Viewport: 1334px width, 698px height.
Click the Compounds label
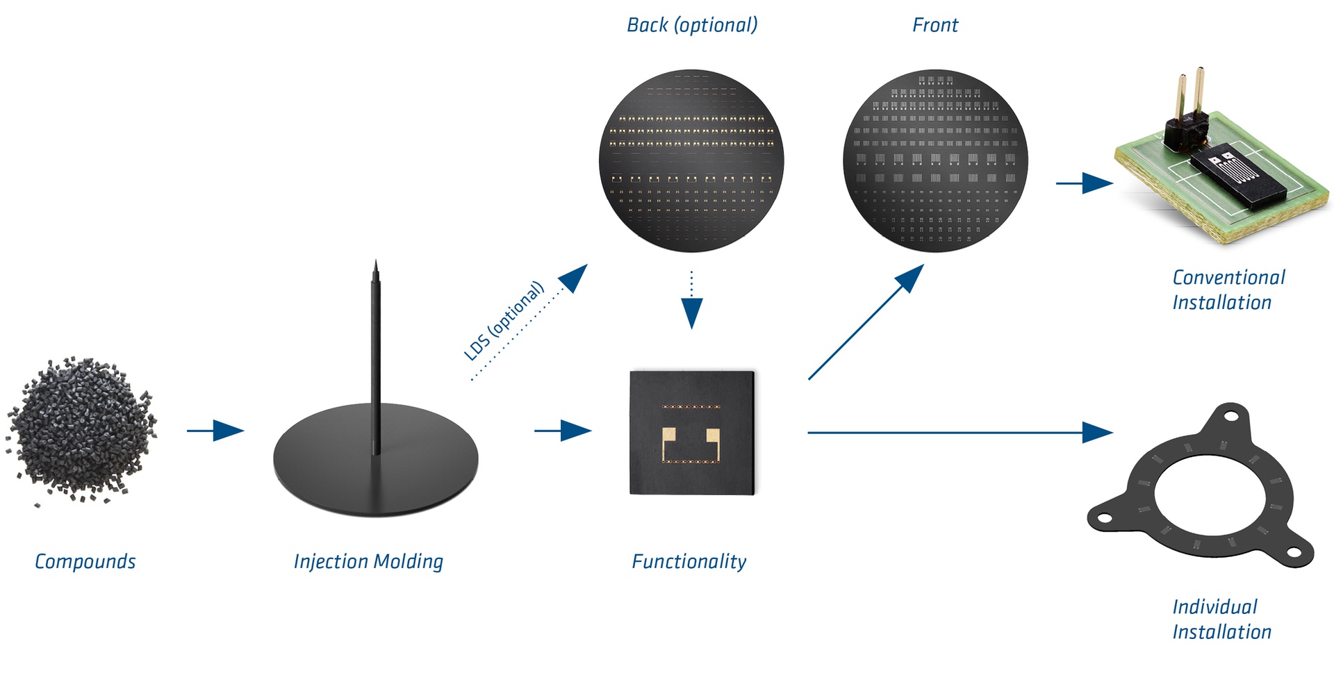(x=85, y=561)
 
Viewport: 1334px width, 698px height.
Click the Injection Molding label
(x=368, y=561)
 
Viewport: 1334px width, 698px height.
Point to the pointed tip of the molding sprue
(x=376, y=264)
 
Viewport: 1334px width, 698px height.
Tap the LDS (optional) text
(x=504, y=321)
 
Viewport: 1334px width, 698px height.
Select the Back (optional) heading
(x=692, y=25)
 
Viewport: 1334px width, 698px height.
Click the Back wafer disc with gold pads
(x=691, y=160)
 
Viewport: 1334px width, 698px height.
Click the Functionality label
(x=689, y=561)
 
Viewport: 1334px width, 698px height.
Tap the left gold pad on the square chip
(x=668, y=437)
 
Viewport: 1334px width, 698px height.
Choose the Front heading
(x=935, y=25)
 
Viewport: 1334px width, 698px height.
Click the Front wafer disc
(x=935, y=160)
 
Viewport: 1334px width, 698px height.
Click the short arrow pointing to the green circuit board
(x=1084, y=183)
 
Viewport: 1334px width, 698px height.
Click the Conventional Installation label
(x=1228, y=290)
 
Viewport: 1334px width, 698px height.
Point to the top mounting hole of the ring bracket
(x=1230, y=417)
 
